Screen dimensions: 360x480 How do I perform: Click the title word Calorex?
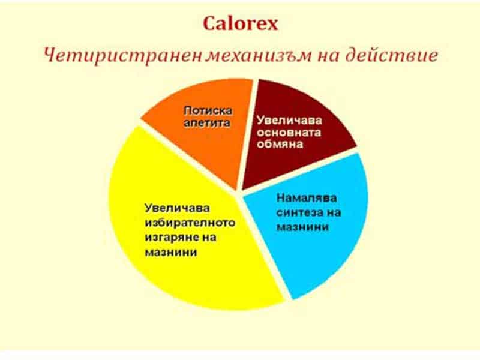point(240,23)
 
